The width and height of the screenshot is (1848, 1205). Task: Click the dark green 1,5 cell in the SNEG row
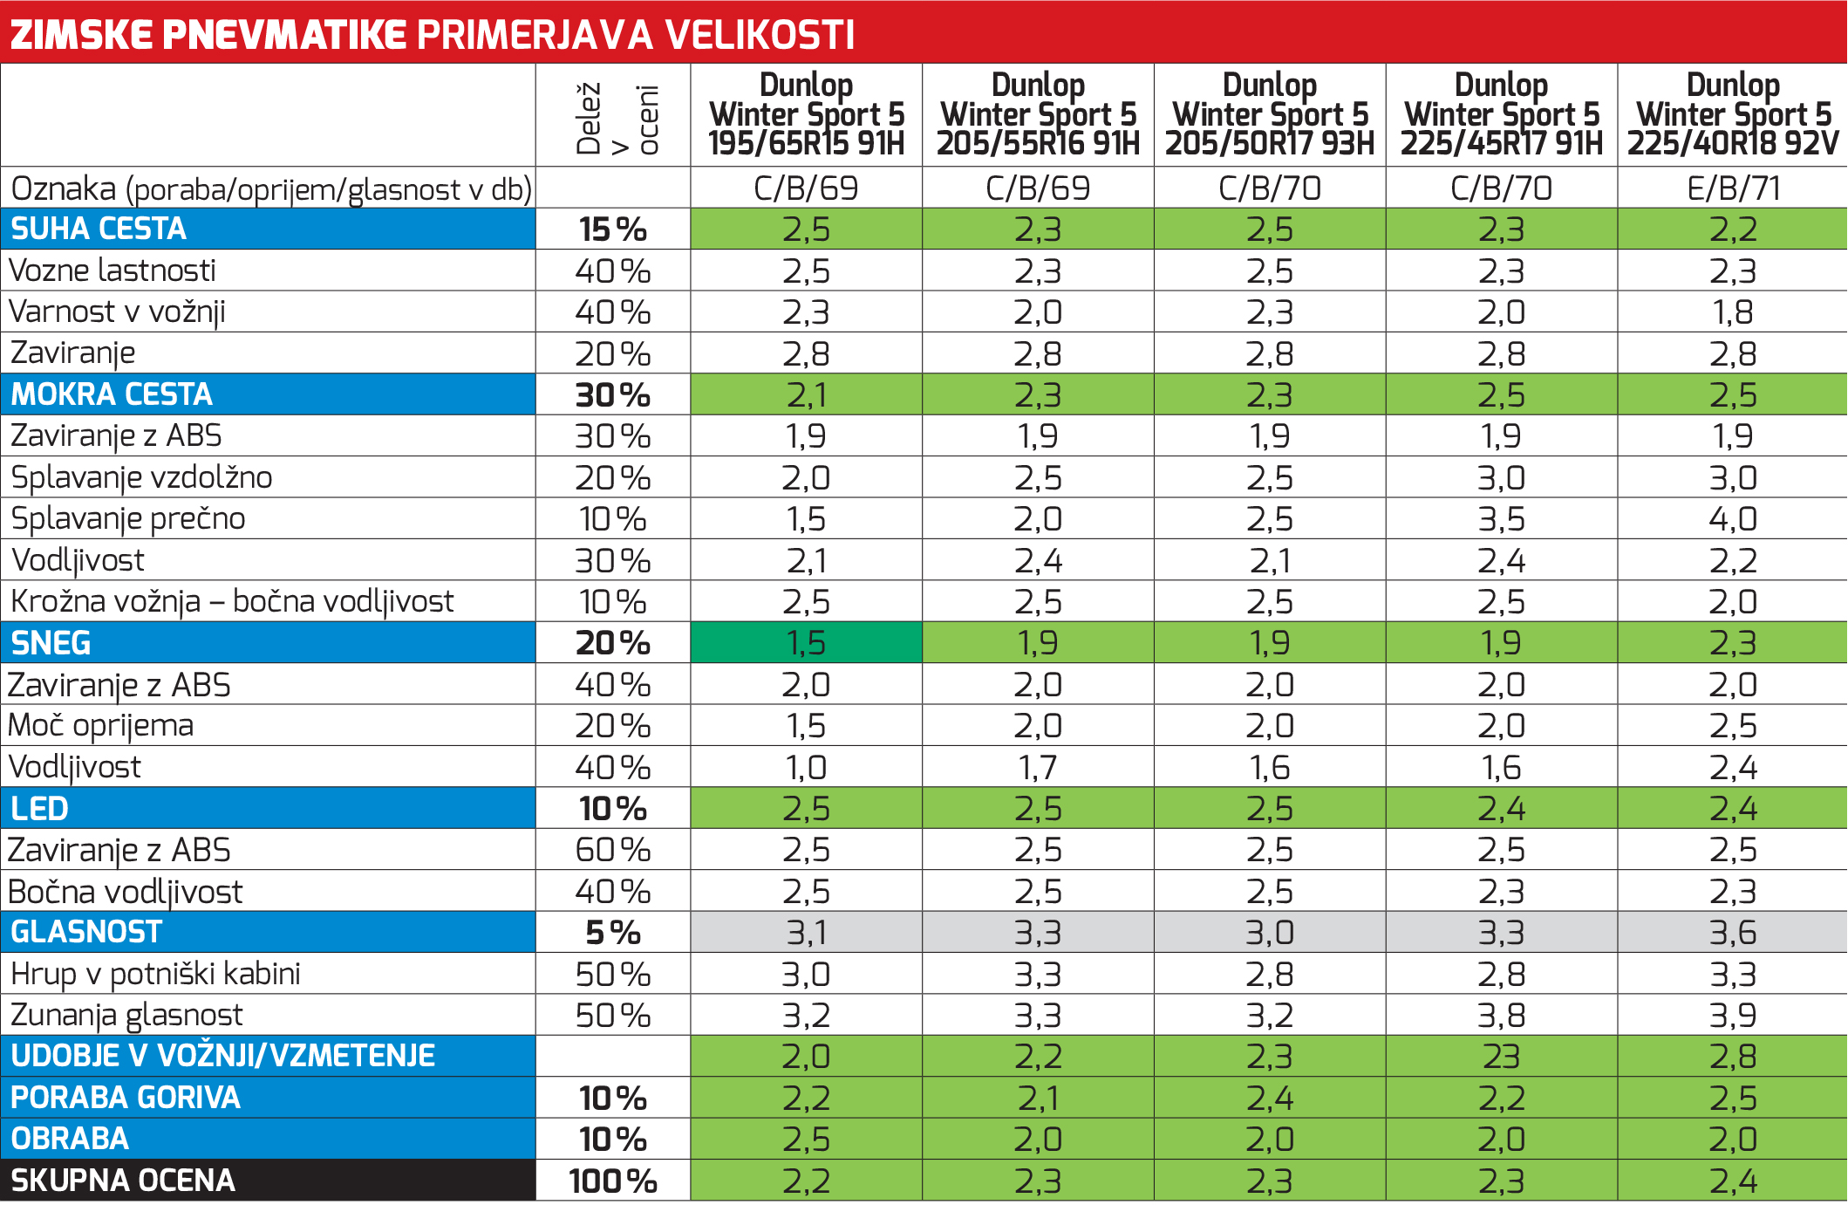pyautogui.click(x=806, y=643)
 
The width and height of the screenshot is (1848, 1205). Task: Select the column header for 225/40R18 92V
pyautogui.click(x=1732, y=114)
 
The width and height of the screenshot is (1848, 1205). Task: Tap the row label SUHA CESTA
pyautogui.click(x=99, y=229)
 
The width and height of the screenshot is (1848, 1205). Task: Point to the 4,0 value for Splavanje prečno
pyautogui.click(x=1732, y=519)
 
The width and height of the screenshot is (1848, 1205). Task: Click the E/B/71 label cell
pyautogui.click(x=1732, y=188)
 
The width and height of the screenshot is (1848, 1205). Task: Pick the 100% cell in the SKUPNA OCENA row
pyautogui.click(x=612, y=1181)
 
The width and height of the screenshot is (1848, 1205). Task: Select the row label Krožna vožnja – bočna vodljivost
pyautogui.click(x=232, y=601)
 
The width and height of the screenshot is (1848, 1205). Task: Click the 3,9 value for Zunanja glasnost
pyautogui.click(x=1732, y=1016)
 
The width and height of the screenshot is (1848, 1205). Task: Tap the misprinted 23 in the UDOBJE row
pyautogui.click(x=1501, y=1057)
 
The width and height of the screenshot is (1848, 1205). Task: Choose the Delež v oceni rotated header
pyautogui.click(x=614, y=118)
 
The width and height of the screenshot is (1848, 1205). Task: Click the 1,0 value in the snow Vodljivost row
pyautogui.click(x=806, y=768)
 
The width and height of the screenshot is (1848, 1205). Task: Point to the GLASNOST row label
pyautogui.click(x=86, y=932)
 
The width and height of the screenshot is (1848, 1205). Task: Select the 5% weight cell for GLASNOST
pyautogui.click(x=612, y=933)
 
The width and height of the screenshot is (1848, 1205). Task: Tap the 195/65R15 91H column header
pyautogui.click(x=806, y=114)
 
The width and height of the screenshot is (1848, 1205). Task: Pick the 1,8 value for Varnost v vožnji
pyautogui.click(x=1732, y=312)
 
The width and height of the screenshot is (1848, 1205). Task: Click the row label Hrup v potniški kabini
pyautogui.click(x=155, y=974)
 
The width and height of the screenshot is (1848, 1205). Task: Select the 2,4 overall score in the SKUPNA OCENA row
pyautogui.click(x=1732, y=1181)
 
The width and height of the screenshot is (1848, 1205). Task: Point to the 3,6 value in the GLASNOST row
pyautogui.click(x=1732, y=933)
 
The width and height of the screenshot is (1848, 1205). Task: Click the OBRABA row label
pyautogui.click(x=70, y=1139)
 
